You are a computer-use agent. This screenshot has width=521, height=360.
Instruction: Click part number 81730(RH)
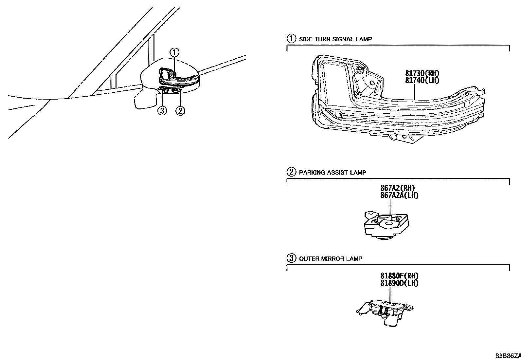[x=422, y=73]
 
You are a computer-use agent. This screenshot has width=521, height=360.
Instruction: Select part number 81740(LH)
[x=422, y=80]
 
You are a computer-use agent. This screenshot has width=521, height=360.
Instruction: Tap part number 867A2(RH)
[x=398, y=188]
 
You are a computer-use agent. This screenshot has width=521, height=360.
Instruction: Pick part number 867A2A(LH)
[x=399, y=195]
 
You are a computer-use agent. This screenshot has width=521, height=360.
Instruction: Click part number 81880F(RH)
[x=399, y=276]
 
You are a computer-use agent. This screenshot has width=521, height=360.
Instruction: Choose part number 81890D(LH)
[x=399, y=283]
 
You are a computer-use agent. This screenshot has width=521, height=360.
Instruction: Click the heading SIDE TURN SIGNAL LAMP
[x=335, y=39]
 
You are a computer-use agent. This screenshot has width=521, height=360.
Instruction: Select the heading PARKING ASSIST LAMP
[x=332, y=172]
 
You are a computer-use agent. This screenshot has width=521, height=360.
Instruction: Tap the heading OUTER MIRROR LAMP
[x=331, y=258]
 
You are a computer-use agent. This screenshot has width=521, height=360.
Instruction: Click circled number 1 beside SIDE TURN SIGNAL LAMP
[x=291, y=39]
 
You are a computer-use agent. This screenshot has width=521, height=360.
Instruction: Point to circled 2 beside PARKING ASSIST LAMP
[x=291, y=172]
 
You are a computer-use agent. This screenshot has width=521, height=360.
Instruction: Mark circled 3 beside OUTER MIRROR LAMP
[x=291, y=258]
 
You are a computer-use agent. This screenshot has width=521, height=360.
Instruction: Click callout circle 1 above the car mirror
[x=175, y=52]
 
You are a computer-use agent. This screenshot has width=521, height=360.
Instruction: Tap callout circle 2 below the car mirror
[x=180, y=111]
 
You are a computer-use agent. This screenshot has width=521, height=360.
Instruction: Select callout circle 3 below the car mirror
[x=162, y=111]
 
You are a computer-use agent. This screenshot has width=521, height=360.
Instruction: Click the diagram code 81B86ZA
[x=507, y=356]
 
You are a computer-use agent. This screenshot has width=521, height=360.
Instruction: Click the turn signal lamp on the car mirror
[x=178, y=79]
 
